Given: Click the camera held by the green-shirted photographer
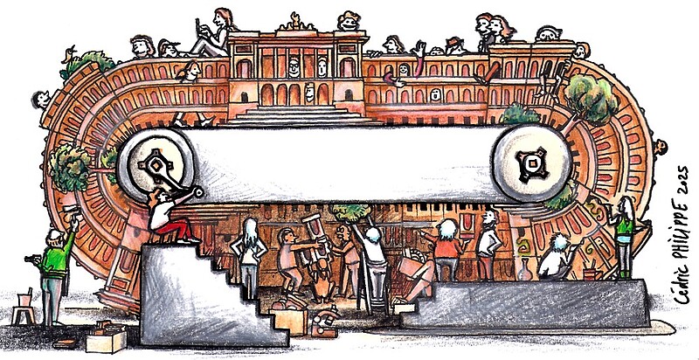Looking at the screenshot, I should [x=32, y=259].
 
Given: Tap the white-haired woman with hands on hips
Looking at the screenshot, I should [x=251, y=247].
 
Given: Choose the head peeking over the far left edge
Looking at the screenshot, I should [x=40, y=99].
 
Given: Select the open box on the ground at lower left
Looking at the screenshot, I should [x=104, y=336].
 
